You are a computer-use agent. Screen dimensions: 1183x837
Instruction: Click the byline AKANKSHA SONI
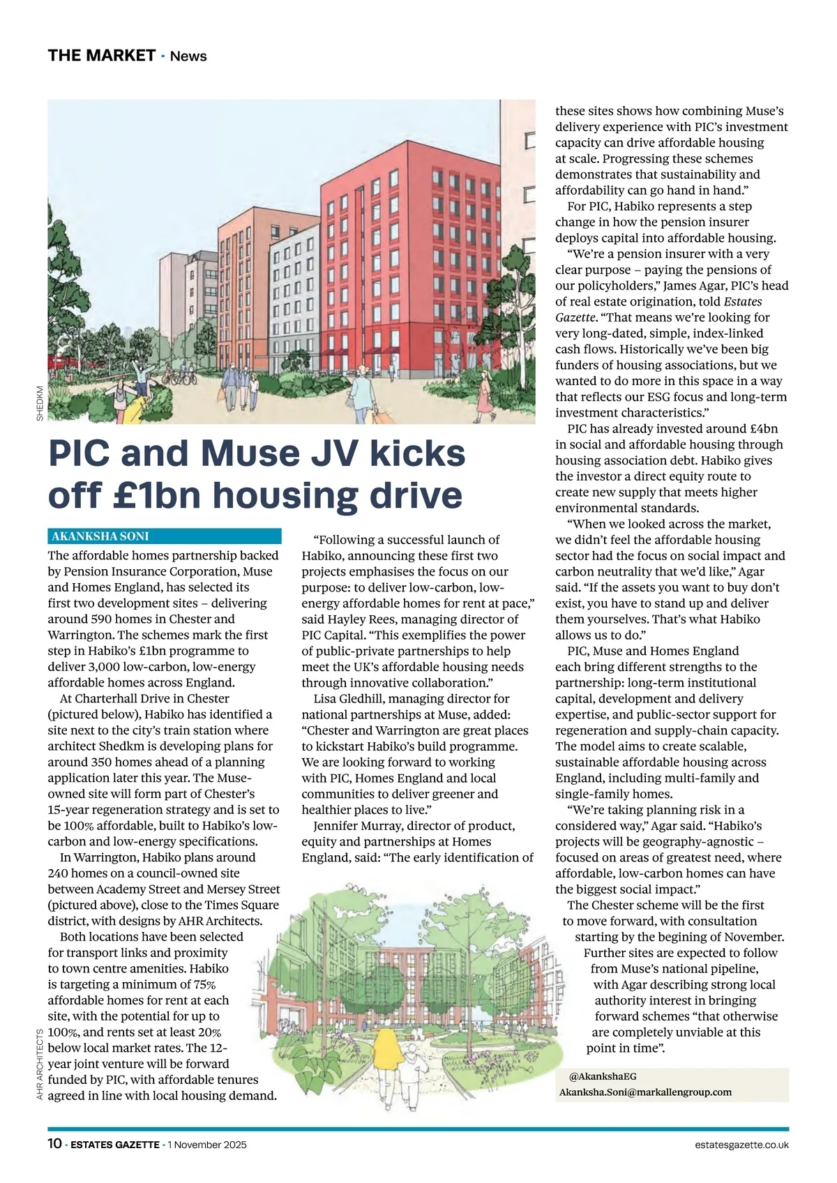click(x=100, y=536)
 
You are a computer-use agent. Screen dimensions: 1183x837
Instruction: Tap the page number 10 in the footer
click(x=54, y=1144)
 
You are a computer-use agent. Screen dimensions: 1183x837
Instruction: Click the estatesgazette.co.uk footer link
click(x=741, y=1145)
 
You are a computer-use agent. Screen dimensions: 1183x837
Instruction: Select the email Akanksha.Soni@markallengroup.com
click(x=645, y=1092)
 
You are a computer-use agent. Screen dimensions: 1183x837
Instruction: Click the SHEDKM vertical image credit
click(x=40, y=403)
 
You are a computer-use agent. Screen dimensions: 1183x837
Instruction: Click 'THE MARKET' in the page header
click(x=101, y=56)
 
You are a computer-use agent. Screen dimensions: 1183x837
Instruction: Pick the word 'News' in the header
click(x=188, y=56)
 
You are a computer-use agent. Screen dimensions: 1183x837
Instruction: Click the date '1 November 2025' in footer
click(x=206, y=1145)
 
